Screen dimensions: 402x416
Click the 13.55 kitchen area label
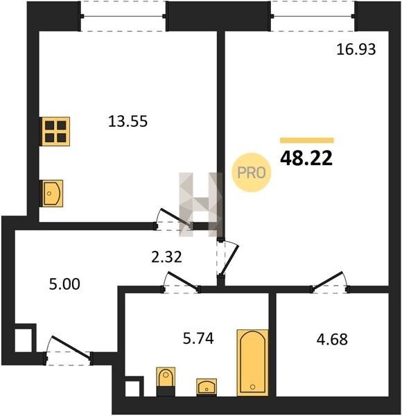128,121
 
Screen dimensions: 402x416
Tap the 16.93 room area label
356,49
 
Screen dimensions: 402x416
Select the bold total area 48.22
306,158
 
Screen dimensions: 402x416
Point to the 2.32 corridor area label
167,257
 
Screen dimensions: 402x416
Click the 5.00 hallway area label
64,284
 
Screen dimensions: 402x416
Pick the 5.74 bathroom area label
198,338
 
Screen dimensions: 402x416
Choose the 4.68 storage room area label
332,339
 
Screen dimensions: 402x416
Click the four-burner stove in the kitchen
55,131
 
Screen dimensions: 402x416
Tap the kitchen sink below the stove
52,193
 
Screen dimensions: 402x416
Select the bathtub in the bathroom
252,363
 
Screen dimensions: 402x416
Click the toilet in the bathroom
166,381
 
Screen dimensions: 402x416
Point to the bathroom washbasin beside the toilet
207,387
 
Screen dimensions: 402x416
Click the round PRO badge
252,173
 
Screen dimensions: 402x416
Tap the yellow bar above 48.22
307,140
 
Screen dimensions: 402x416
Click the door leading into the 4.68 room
330,283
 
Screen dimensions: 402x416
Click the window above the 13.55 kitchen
123,16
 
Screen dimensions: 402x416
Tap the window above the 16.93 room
313,16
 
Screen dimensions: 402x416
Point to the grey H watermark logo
201,205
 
